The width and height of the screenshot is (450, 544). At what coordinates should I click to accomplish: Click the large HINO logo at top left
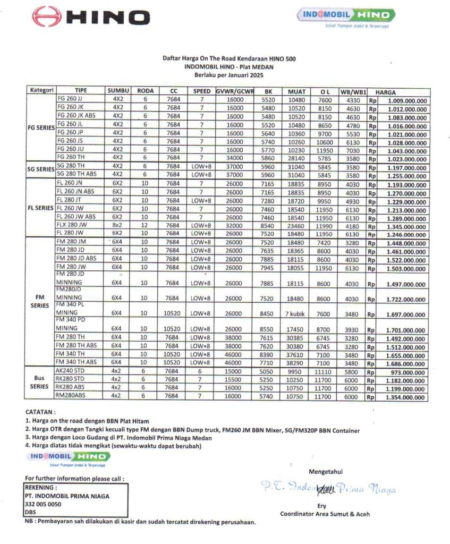(90, 17)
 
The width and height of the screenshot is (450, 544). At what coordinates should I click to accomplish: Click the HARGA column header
(386, 91)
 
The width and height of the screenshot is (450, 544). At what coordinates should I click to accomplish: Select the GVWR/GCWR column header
(235, 91)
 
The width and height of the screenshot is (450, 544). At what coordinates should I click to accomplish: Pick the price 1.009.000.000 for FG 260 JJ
(407, 100)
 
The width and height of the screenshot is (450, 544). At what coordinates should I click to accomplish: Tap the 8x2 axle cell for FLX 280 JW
(117, 225)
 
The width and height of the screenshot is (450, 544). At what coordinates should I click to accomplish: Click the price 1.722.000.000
(407, 299)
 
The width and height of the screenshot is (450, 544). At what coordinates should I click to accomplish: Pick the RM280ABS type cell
(72, 396)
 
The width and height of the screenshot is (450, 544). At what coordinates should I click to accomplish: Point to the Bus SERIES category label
(39, 381)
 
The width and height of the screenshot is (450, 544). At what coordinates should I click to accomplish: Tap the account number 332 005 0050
(43, 504)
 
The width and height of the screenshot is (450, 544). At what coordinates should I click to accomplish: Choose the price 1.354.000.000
(407, 397)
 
